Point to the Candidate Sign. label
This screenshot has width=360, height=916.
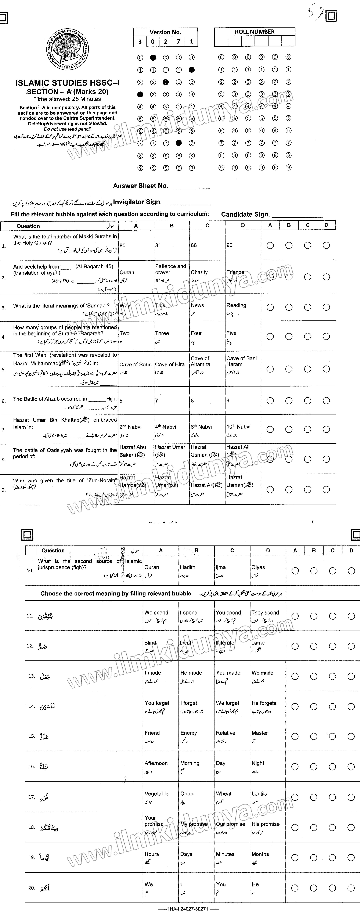246,214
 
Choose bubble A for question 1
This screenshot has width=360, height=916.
270,245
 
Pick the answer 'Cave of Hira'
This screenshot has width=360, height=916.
170,365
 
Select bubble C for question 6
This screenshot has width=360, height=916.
307,401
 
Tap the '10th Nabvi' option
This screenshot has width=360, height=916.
238,427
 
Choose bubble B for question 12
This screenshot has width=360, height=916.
314,646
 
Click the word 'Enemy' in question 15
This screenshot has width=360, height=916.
188,733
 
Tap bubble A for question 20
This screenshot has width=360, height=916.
295,888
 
